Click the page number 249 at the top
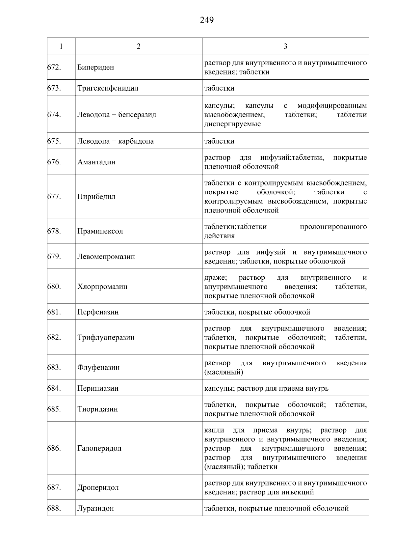pos(206,20)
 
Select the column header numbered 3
pos(285,46)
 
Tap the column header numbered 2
pos(138,46)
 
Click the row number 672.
pos(54,67)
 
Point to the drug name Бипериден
pos(95,67)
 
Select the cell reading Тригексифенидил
pos(108,88)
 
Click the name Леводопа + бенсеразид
pos(117,115)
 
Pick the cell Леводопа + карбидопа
pos(115,141)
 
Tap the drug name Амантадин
pos(96,162)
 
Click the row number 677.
pos(54,197)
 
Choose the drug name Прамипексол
pos(100,231)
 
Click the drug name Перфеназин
pos(98,312)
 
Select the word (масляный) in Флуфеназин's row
pos(224,372)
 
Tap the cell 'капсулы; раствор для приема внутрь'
pos(266,388)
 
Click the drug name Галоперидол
pos(99,448)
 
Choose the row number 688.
pos(54,508)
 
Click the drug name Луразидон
pos(95,508)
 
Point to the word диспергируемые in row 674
pos(232,124)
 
